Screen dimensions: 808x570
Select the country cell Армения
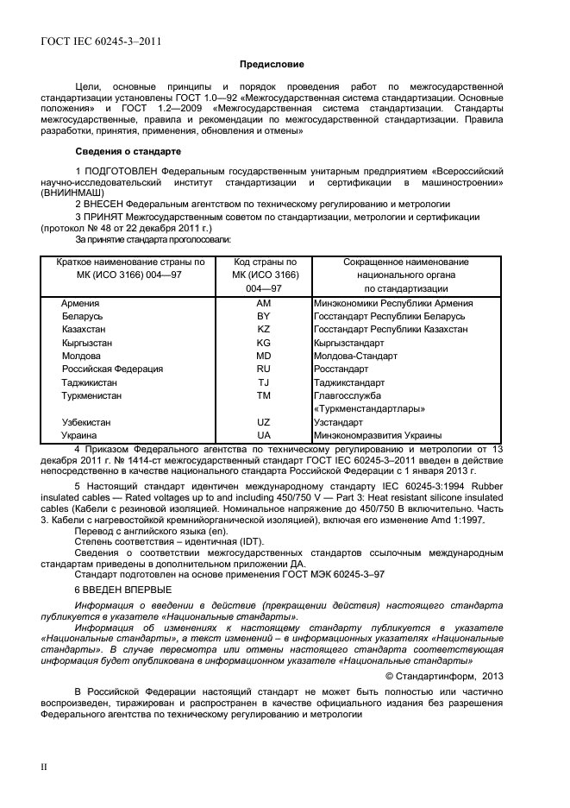click(80, 304)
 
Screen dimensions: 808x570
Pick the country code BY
click(264, 317)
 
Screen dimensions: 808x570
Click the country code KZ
click(264, 330)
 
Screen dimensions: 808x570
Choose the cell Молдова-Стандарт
click(356, 356)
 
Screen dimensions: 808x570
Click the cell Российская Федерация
click(112, 369)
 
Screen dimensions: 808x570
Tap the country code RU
click(264, 369)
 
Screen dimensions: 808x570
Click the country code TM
click(264, 395)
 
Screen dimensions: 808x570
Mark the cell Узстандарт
click(339, 423)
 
